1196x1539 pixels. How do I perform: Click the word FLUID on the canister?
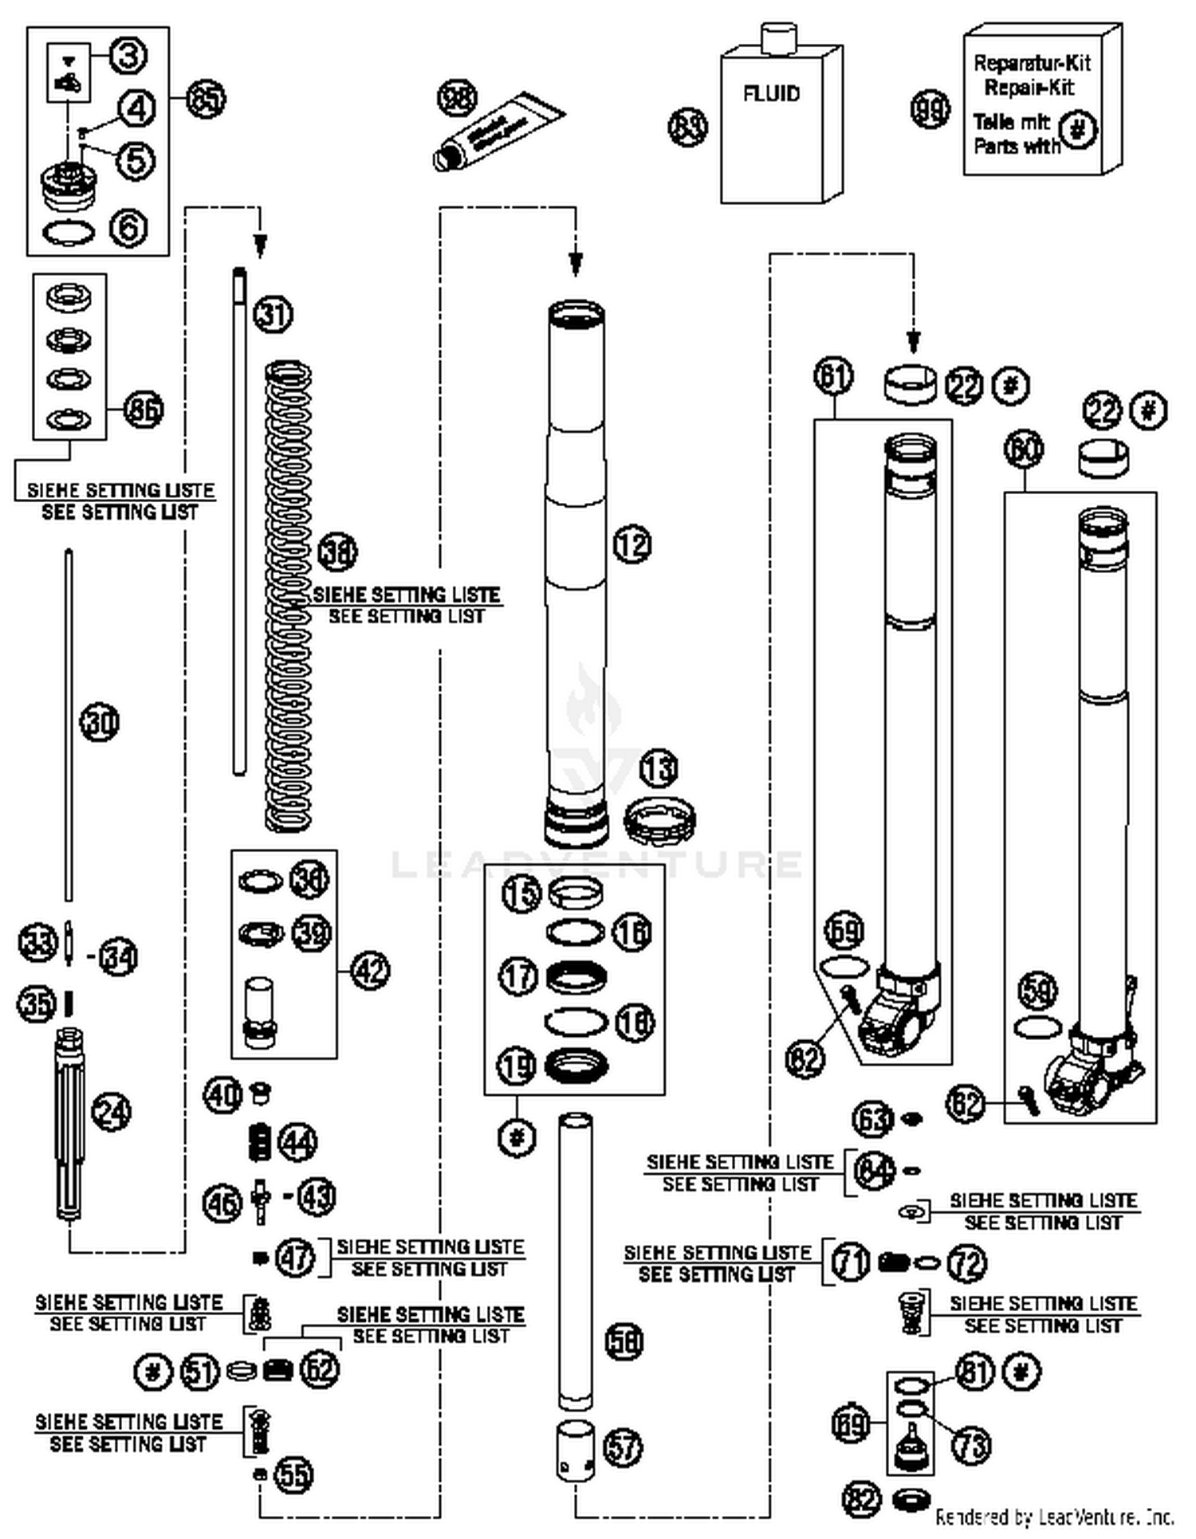tap(771, 94)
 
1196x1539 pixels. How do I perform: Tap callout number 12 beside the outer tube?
tap(632, 545)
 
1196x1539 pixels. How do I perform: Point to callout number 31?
tap(273, 314)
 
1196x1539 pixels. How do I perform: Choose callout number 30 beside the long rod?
tap(100, 723)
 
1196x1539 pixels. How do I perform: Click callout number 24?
tap(112, 1112)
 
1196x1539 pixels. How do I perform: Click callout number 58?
tap(624, 1341)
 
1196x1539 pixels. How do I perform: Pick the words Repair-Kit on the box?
tap(1029, 87)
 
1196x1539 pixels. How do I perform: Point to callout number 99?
tap(930, 109)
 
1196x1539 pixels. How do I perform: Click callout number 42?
tap(371, 971)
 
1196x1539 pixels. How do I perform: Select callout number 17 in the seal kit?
tap(519, 976)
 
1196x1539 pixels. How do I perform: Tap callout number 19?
tap(517, 1066)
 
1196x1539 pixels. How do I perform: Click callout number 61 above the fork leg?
tap(834, 375)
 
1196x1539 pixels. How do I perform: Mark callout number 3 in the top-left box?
tap(128, 56)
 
